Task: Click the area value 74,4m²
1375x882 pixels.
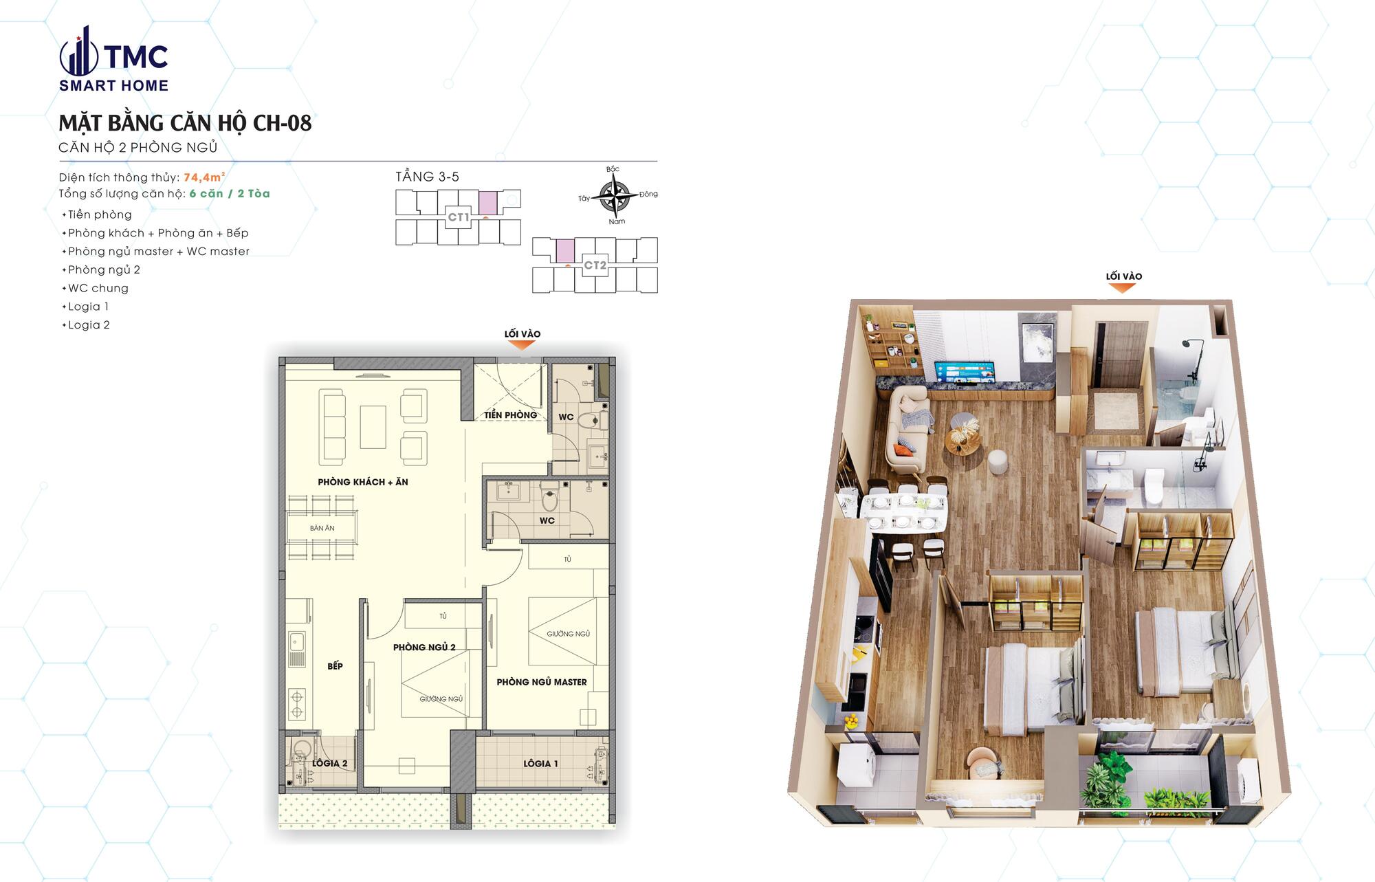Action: (x=204, y=177)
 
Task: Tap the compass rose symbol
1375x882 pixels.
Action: (x=616, y=196)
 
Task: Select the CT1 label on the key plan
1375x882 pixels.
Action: (x=459, y=217)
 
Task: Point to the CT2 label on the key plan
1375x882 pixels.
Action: (x=595, y=265)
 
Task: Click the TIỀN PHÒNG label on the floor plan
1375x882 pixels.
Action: (x=510, y=415)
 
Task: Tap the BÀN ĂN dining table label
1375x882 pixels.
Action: (x=322, y=528)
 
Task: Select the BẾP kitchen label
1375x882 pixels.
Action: (x=335, y=666)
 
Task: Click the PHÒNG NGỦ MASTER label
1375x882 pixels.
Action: (x=542, y=682)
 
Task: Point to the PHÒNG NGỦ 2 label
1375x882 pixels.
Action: (x=424, y=647)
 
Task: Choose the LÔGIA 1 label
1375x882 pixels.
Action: (x=540, y=763)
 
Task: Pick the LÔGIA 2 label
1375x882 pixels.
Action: (x=329, y=763)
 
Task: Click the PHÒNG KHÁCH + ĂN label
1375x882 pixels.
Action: (x=363, y=482)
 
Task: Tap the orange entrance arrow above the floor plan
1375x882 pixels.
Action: (x=522, y=345)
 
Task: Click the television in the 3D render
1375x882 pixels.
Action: (x=964, y=373)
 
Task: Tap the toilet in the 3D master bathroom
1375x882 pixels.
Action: (x=1154, y=485)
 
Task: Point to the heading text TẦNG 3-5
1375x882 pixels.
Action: (x=427, y=177)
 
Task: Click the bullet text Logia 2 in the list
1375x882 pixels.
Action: (x=89, y=325)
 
